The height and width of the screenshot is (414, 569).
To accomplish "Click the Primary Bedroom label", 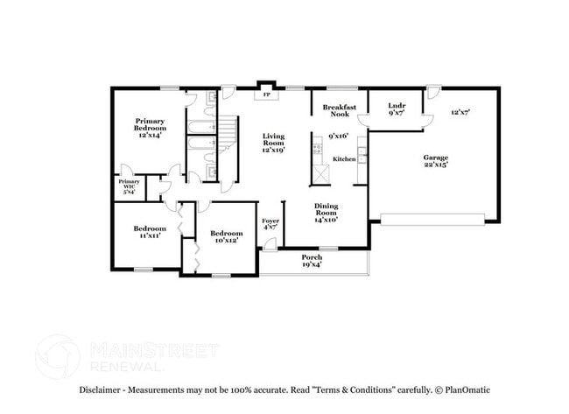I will (x=150, y=128).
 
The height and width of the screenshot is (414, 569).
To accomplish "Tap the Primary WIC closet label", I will (x=128, y=186).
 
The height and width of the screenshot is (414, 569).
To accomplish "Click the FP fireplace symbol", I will (x=266, y=94).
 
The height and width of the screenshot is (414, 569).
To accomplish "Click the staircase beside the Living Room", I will (x=228, y=135).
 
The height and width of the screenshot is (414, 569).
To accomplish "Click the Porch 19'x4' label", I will (x=312, y=260).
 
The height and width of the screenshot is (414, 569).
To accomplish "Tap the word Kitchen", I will (x=344, y=159).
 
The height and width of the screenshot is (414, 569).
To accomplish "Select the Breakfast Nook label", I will (x=337, y=109).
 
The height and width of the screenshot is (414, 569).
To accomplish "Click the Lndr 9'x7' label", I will (x=396, y=109).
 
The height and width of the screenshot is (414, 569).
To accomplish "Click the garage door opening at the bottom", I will (x=434, y=218).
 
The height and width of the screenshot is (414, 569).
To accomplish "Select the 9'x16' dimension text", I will (x=339, y=137).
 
